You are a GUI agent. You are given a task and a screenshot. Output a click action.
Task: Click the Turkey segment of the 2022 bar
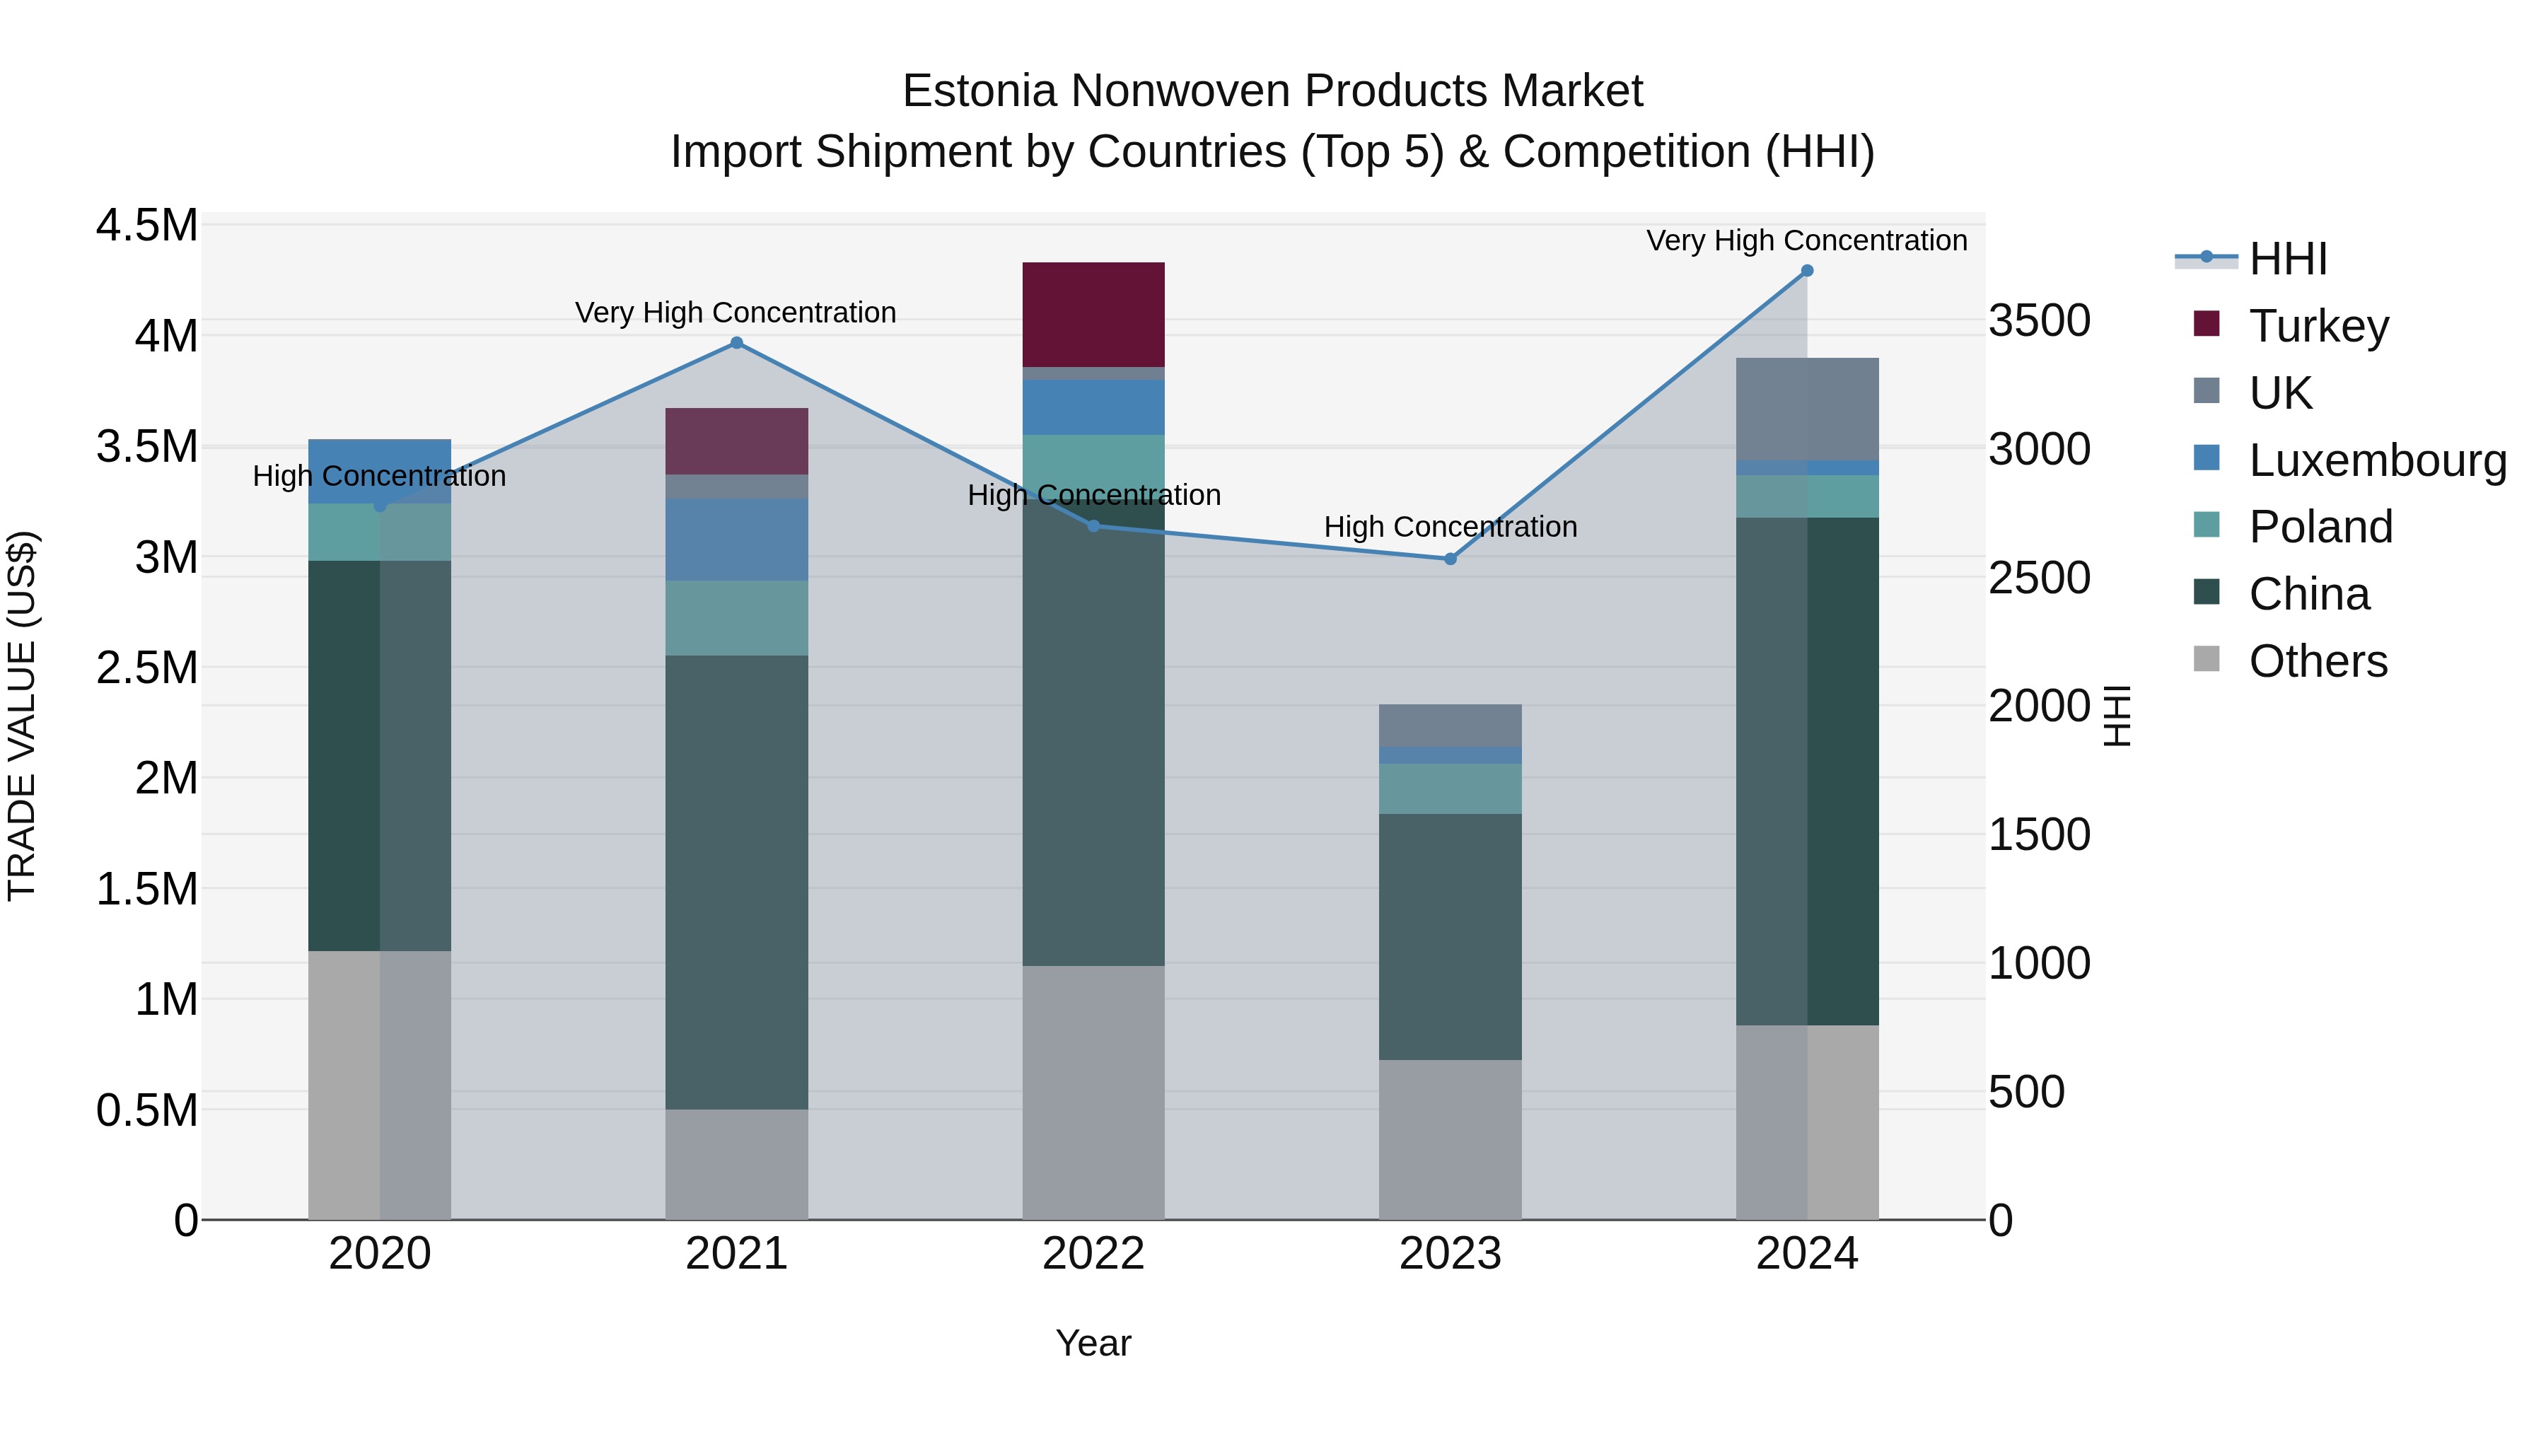click(x=1093, y=314)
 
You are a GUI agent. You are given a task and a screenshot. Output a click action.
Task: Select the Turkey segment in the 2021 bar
click(x=736, y=441)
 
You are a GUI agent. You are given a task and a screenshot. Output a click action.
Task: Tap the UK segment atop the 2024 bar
click(x=1807, y=408)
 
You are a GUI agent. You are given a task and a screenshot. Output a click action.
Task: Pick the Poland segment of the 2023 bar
click(x=1450, y=788)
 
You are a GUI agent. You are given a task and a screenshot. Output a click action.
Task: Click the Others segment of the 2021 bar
click(x=736, y=1163)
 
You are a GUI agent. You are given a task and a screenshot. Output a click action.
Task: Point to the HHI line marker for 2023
click(x=1450, y=559)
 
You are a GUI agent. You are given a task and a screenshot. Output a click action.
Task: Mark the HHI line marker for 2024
click(x=1807, y=270)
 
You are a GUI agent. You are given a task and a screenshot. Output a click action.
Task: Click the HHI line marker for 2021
click(x=736, y=343)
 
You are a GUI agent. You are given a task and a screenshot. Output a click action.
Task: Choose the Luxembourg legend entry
click(x=2376, y=460)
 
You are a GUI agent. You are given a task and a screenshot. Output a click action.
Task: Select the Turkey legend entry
click(x=2318, y=325)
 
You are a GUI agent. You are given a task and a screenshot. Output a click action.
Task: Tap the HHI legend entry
click(x=2287, y=259)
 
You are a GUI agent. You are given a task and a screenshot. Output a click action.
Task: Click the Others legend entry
click(x=2317, y=660)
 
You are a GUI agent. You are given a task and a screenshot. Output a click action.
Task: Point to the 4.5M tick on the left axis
click(x=146, y=226)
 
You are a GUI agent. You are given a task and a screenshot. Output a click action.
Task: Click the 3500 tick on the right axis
click(x=2038, y=321)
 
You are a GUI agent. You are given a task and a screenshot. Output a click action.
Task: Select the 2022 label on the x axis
click(x=1093, y=1254)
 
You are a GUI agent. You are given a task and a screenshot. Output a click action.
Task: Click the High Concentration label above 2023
click(x=1450, y=527)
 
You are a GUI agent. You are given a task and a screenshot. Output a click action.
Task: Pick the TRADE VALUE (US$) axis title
click(x=22, y=716)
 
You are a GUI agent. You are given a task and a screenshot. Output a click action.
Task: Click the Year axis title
click(x=1093, y=1343)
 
